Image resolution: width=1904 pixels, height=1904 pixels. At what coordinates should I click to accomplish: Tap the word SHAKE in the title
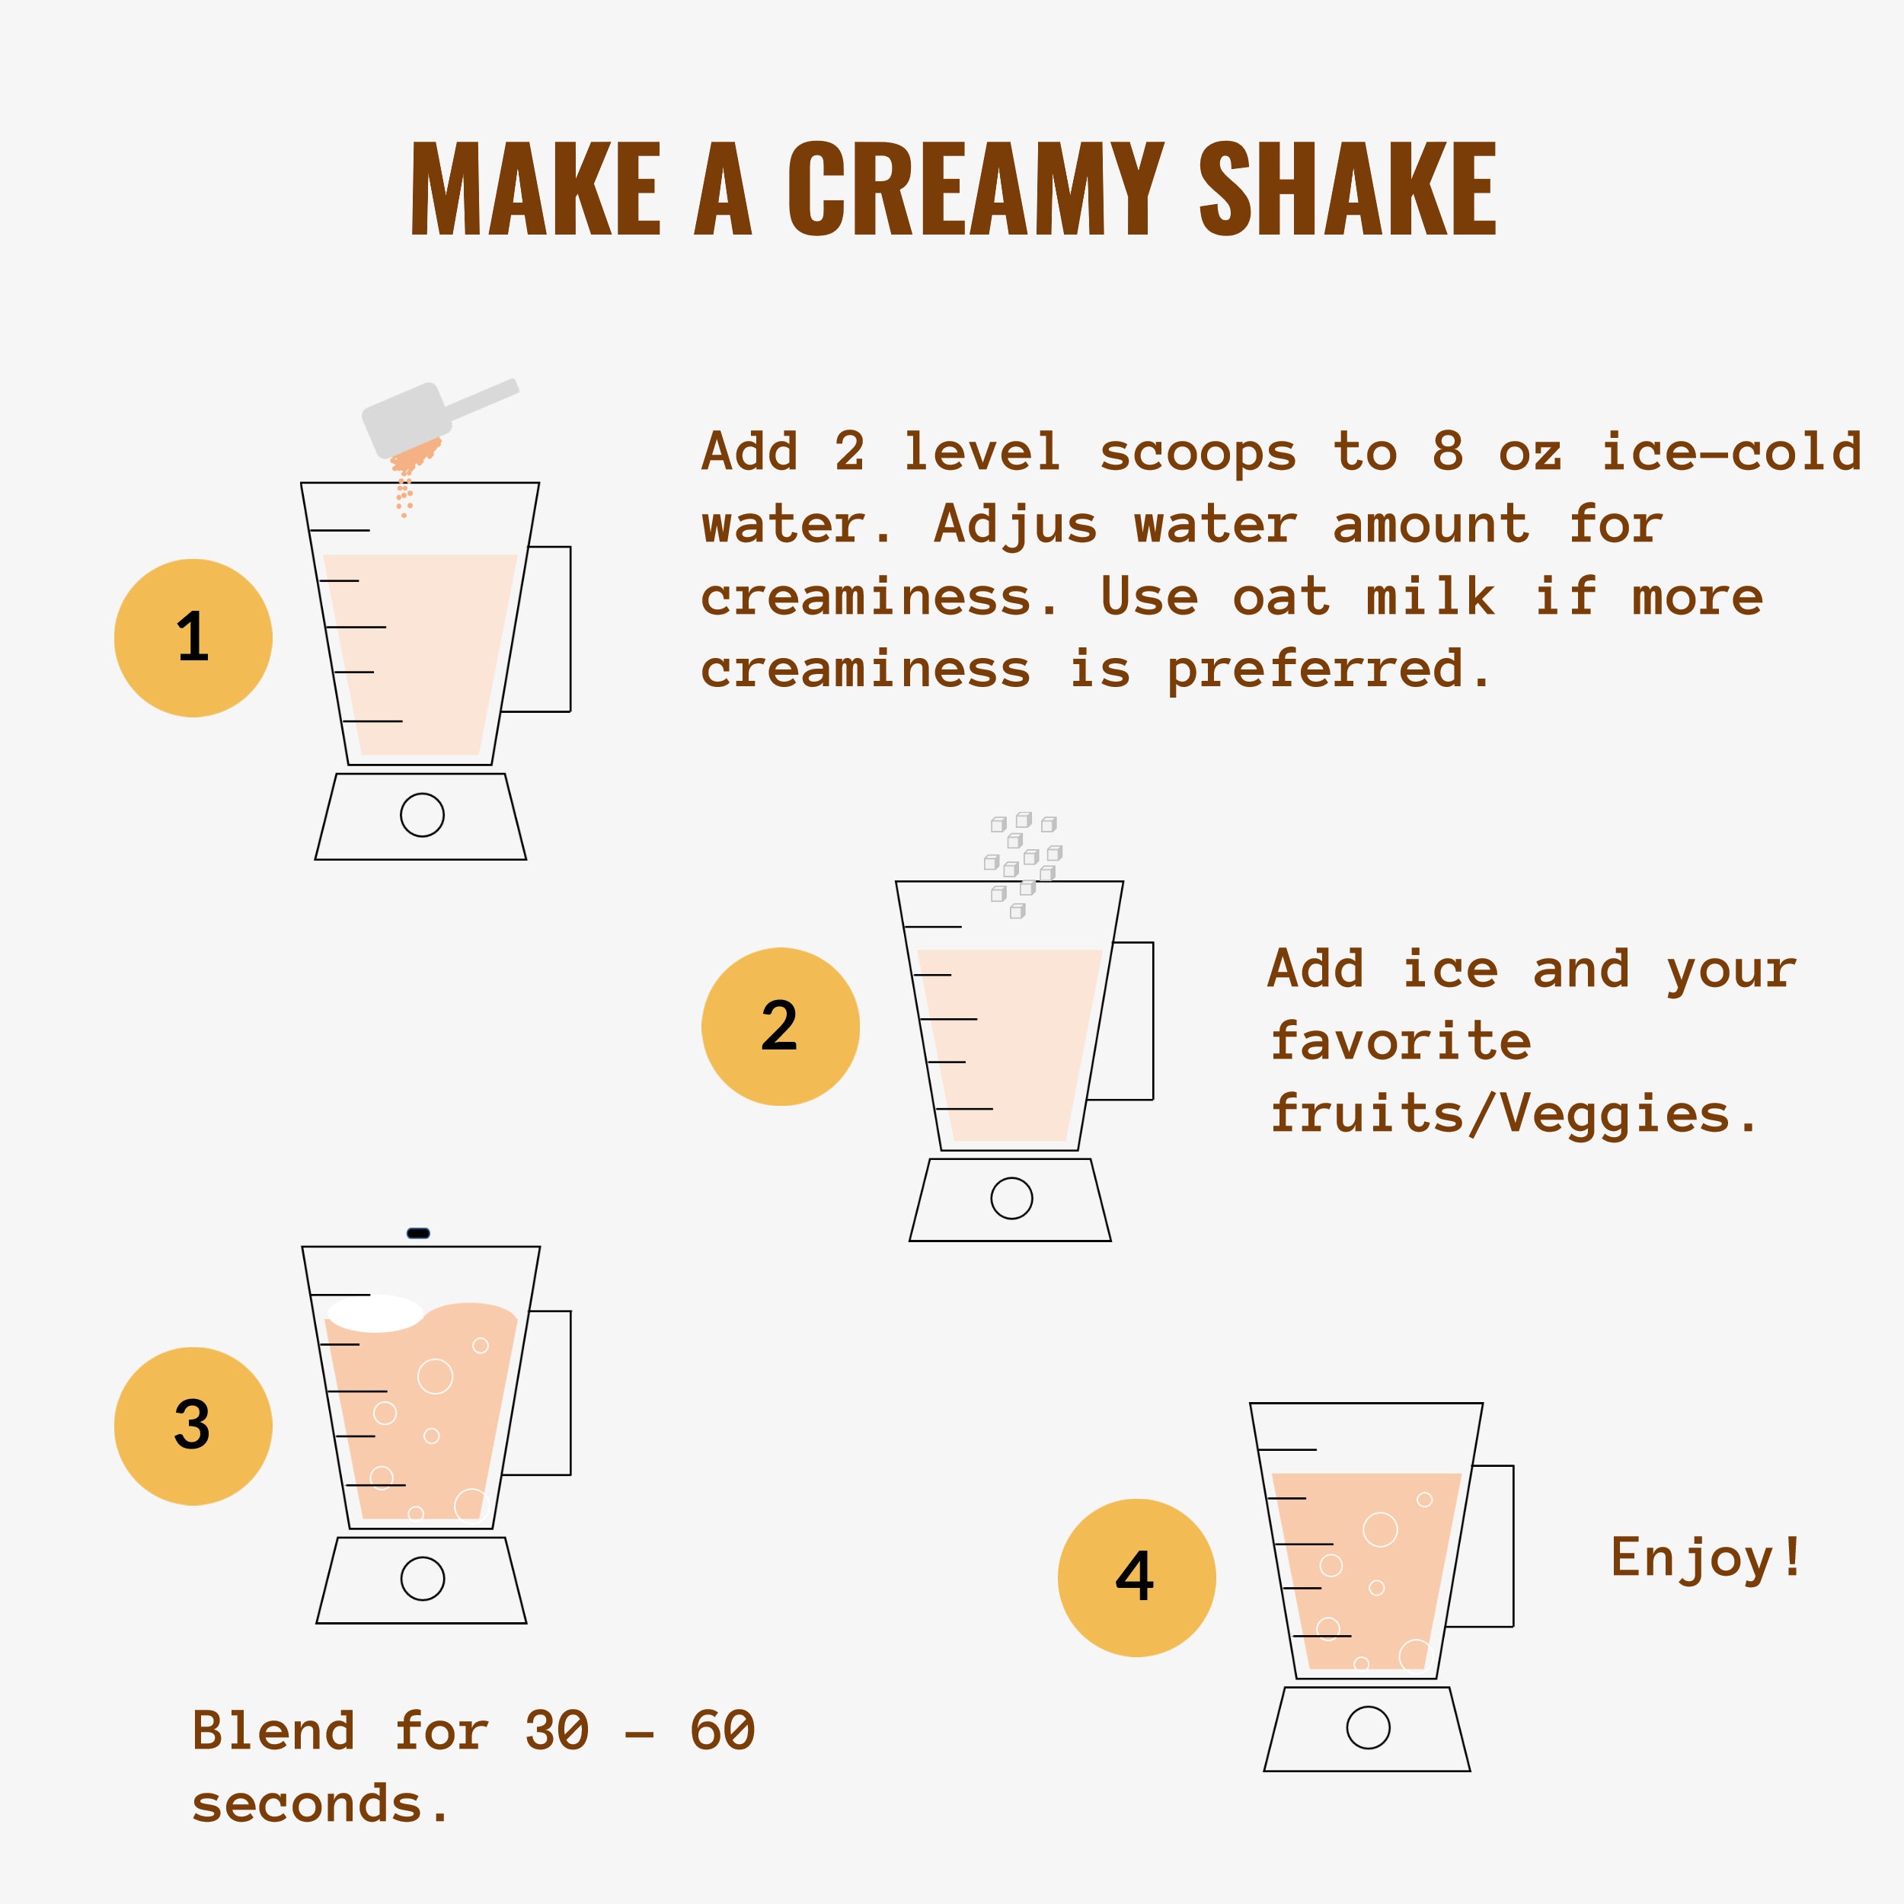pyautogui.click(x=1347, y=188)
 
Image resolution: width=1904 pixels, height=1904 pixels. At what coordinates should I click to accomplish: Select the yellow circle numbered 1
pyautogui.click(x=193, y=637)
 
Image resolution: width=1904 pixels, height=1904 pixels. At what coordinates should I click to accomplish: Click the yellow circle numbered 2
pyautogui.click(x=781, y=1027)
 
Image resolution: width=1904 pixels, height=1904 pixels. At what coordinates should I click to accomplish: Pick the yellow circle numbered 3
pyautogui.click(x=193, y=1426)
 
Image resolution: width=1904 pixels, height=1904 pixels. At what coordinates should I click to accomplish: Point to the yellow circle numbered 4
pyautogui.click(x=1136, y=1578)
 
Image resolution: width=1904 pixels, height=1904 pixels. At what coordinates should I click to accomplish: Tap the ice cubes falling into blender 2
pyautogui.click(x=1023, y=864)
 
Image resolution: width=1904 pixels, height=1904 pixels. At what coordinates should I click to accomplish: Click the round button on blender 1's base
pyautogui.click(x=422, y=815)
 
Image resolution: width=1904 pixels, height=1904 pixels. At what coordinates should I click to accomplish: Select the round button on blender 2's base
pyautogui.click(x=1011, y=1198)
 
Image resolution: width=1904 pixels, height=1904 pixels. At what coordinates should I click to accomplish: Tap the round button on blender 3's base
pyautogui.click(x=423, y=1579)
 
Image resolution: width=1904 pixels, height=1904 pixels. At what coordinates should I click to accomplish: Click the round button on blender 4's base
pyautogui.click(x=1368, y=1727)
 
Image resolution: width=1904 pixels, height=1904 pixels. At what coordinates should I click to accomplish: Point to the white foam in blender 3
pyautogui.click(x=375, y=1314)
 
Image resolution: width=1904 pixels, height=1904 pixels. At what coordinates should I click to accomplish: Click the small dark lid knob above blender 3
pyautogui.click(x=418, y=1233)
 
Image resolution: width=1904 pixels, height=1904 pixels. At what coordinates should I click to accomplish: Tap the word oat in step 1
pyautogui.click(x=1280, y=597)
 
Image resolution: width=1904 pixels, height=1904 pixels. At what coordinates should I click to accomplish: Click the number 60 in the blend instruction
pyautogui.click(x=722, y=1732)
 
